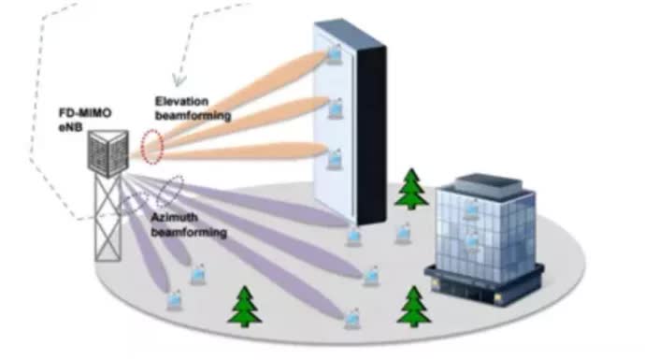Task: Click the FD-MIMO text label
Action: pyautogui.click(x=85, y=113)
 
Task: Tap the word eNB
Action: pyautogui.click(x=70, y=127)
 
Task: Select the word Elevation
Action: pyautogui.click(x=182, y=101)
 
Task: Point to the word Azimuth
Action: pyautogui.click(x=175, y=218)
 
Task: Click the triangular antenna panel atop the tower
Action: pyautogui.click(x=108, y=153)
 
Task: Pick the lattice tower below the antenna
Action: pyautogui.click(x=108, y=218)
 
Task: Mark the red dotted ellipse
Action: pyautogui.click(x=152, y=147)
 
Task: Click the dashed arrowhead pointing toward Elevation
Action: pyautogui.click(x=179, y=80)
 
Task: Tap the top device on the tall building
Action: pyautogui.click(x=335, y=54)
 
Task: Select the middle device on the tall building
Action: pyautogui.click(x=336, y=108)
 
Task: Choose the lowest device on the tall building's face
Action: pyautogui.click(x=335, y=160)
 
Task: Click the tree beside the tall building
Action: pyautogui.click(x=411, y=189)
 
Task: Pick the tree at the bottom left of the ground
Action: pyautogui.click(x=245, y=307)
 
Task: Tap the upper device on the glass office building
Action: pyautogui.click(x=471, y=209)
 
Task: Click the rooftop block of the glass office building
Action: pyautogui.click(x=488, y=184)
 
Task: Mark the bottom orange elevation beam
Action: pyautogui.click(x=230, y=151)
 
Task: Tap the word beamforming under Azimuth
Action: pyautogui.click(x=189, y=233)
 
